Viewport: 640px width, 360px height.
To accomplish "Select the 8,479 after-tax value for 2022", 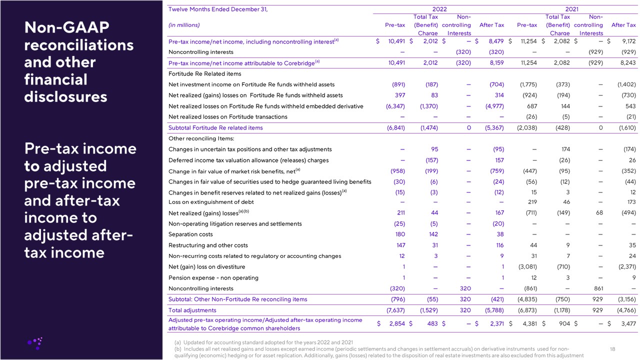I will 493,41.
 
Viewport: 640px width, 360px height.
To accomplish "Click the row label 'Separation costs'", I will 190,234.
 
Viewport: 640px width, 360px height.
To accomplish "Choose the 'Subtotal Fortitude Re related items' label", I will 215,127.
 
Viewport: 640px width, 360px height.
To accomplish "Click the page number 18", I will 613,348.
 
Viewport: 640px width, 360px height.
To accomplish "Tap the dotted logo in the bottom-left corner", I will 35,342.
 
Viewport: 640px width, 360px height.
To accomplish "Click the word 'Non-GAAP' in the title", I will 66,27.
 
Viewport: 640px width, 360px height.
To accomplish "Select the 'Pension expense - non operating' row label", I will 213,277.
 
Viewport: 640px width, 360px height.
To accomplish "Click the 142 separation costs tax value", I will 433,234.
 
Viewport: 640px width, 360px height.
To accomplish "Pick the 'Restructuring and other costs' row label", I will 206,245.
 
